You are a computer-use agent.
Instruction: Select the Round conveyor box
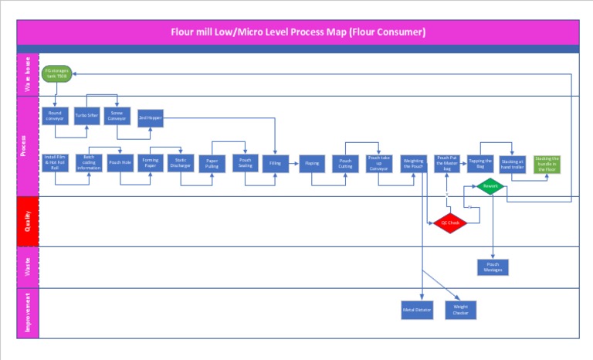(x=55, y=117)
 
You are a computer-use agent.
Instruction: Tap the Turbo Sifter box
(x=86, y=117)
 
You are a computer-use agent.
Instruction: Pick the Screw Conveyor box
(x=117, y=117)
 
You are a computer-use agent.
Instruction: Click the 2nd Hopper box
(x=148, y=117)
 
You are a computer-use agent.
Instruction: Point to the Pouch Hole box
(x=120, y=163)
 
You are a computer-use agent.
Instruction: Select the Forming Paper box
(x=150, y=163)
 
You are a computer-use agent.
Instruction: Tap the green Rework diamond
(x=489, y=186)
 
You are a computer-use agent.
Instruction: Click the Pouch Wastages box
(x=493, y=267)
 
